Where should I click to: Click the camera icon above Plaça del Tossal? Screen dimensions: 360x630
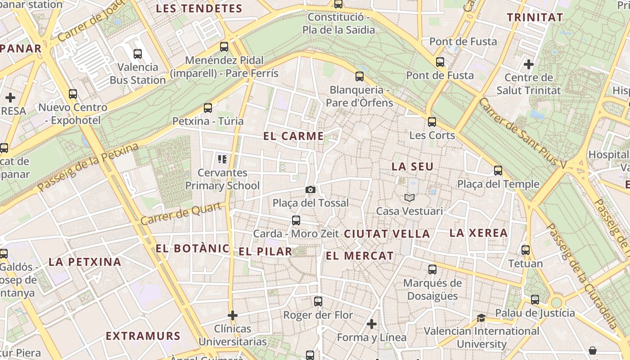pyautogui.click(x=310, y=189)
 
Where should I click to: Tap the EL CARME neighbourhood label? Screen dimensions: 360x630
pyautogui.click(x=294, y=136)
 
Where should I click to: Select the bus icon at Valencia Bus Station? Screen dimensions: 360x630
pyautogui.click(x=138, y=54)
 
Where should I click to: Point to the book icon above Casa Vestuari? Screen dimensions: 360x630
pyautogui.click(x=409, y=198)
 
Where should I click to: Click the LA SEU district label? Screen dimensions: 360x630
pyautogui.click(x=412, y=166)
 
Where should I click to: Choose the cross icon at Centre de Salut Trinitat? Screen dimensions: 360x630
pyautogui.click(x=529, y=64)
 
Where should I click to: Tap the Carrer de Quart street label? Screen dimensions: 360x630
pyautogui.click(x=181, y=214)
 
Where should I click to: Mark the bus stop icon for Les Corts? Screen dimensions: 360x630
pyautogui.click(x=432, y=122)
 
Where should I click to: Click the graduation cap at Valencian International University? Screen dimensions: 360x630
pyautogui.click(x=481, y=318)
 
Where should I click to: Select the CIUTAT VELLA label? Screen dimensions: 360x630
pyautogui.click(x=387, y=234)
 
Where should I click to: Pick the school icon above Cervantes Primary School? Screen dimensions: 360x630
pyautogui.click(x=222, y=159)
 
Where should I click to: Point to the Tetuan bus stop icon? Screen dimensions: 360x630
pyautogui.click(x=526, y=250)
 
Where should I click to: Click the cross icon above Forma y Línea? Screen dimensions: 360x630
pyautogui.click(x=372, y=324)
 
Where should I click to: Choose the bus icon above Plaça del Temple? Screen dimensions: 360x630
pyautogui.click(x=498, y=171)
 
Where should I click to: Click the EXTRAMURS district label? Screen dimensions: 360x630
pyautogui.click(x=143, y=336)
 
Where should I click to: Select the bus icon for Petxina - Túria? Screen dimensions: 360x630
pyautogui.click(x=207, y=108)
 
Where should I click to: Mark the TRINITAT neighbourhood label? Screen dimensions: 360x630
pyautogui.click(x=535, y=18)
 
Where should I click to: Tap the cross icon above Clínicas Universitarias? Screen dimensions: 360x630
pyautogui.click(x=233, y=315)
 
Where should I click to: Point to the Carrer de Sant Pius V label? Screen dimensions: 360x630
pyautogui.click(x=522, y=134)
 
